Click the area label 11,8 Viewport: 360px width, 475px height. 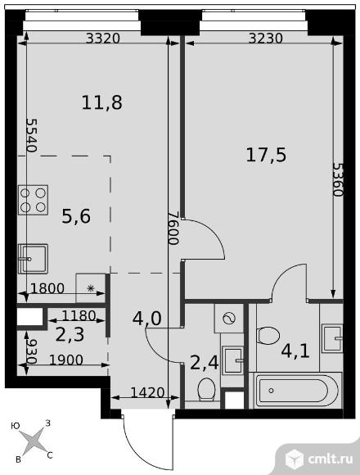click(102, 103)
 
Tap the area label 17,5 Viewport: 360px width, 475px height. click(266, 155)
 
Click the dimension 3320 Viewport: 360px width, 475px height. click(101, 37)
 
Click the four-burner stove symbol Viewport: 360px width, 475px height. click(33, 200)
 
